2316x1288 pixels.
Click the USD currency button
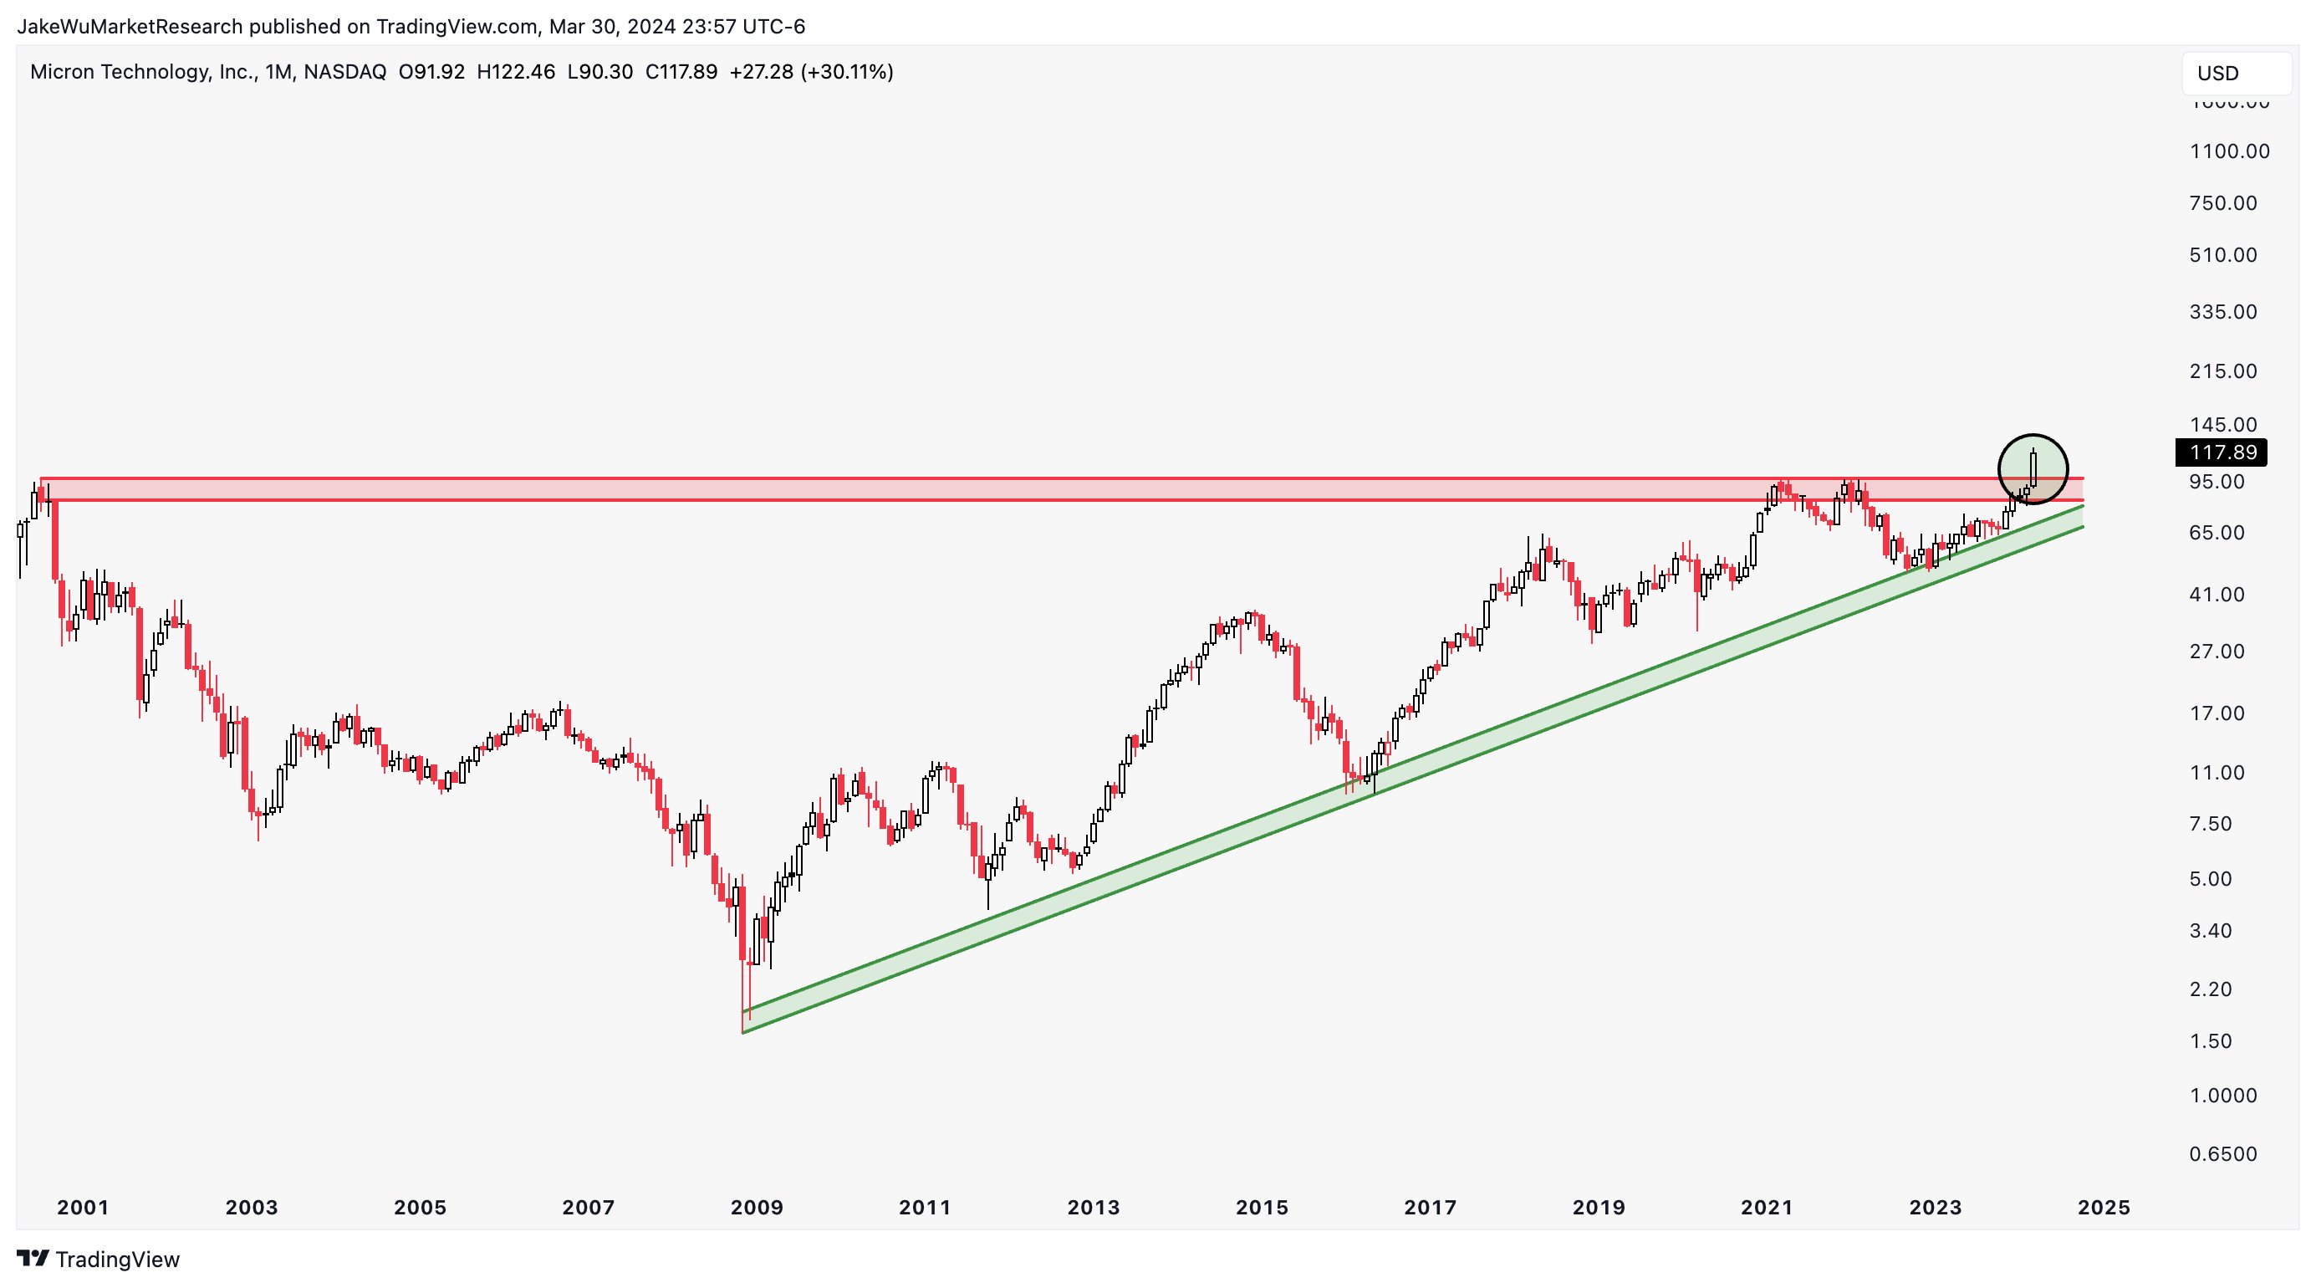[2235, 74]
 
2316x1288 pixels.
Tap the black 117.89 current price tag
[2220, 452]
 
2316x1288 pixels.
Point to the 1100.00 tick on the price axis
[2229, 151]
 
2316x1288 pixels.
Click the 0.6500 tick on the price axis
[2222, 1154]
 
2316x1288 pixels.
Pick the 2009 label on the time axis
[756, 1208]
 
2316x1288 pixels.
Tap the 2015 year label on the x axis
[1262, 1208]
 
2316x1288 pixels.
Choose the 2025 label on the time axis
[2104, 1208]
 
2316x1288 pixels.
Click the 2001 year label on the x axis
[83, 1208]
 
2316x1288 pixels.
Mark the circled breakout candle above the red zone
[2033, 468]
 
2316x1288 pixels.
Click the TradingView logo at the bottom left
[99, 1260]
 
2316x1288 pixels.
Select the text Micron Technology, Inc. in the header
[144, 72]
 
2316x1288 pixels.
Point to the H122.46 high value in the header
[515, 72]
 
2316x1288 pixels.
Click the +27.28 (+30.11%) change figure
[811, 72]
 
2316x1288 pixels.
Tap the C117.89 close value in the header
[681, 72]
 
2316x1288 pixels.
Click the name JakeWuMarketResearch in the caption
[130, 27]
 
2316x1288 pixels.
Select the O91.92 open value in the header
[431, 72]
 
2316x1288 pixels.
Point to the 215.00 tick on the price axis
[2222, 371]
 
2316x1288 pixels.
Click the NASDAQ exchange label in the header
[344, 72]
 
